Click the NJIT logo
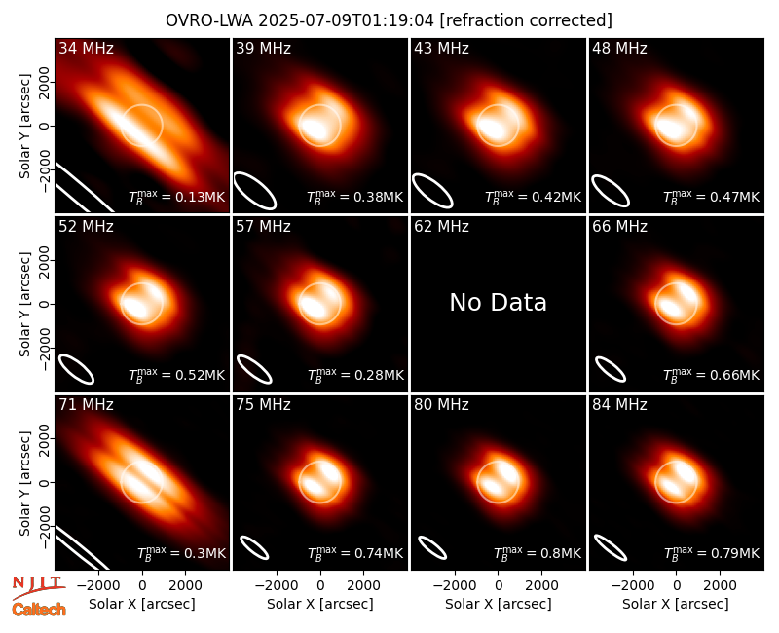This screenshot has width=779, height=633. coord(39,587)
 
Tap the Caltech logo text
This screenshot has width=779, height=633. coord(39,610)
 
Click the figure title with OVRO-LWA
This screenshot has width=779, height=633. coord(389,20)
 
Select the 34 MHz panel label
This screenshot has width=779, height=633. coord(86,48)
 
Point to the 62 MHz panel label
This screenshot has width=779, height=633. coord(441,227)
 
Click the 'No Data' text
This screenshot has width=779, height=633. coord(498,302)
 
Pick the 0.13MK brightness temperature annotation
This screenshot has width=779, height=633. coord(177,197)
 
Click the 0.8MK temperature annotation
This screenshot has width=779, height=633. coord(538,552)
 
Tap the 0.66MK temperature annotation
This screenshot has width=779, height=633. coord(712,375)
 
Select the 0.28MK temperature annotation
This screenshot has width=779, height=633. coord(355,375)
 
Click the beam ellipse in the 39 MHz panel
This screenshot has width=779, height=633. coord(255,191)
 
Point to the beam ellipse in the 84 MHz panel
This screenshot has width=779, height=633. coord(611,547)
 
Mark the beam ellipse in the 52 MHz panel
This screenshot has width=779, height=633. coord(77,369)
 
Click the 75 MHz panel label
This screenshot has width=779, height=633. coord(263,405)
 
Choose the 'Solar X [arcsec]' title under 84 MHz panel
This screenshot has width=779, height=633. coord(676,604)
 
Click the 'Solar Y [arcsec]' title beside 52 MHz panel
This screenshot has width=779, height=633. coord(24,304)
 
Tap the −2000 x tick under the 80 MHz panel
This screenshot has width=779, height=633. coord(455,585)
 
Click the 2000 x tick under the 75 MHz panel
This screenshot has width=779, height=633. coord(363,585)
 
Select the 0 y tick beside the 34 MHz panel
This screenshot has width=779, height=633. coord(46,126)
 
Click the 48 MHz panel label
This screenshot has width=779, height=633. coord(619,48)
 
